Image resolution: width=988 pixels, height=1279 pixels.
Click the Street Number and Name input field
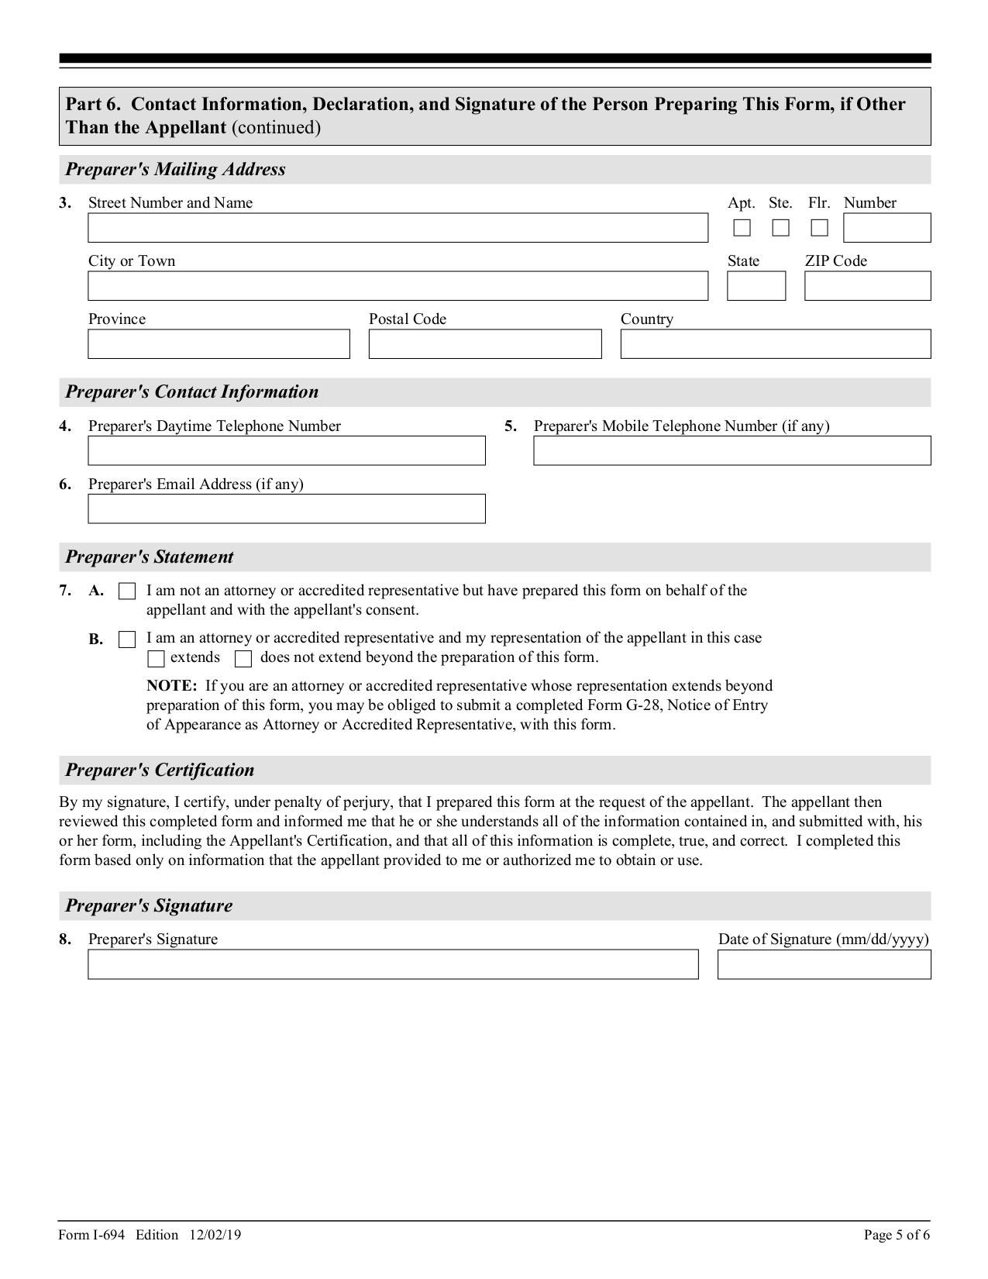coord(398,228)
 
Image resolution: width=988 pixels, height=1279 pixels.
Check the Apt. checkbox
coord(742,228)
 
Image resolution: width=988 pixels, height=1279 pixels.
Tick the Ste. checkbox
coord(780,228)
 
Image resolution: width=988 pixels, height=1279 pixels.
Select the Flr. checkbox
coord(819,228)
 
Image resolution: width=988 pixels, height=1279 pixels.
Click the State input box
coord(756,286)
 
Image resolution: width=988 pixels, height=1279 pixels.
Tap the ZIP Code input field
coord(867,286)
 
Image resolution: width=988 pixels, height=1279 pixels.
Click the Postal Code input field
coord(484,344)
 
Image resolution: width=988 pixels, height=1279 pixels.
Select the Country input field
coord(775,344)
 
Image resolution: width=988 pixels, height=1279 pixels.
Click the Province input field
coord(219,344)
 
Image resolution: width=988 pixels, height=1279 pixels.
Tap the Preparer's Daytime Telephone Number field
coord(286,450)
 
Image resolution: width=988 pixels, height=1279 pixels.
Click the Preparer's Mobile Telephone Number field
coord(732,450)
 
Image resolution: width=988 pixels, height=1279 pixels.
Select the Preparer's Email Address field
coord(286,508)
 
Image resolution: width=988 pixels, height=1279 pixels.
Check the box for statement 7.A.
coord(127,591)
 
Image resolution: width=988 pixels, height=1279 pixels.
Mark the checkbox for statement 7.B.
coord(127,639)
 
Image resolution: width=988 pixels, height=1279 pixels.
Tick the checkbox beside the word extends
coord(156,659)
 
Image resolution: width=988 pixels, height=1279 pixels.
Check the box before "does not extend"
coord(243,659)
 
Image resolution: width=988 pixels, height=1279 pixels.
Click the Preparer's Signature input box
coord(393,964)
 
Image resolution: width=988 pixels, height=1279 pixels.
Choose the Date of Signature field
coord(824,964)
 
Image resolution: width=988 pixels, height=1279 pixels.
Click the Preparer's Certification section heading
coord(160,770)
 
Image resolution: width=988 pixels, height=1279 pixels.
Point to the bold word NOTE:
coord(171,686)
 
